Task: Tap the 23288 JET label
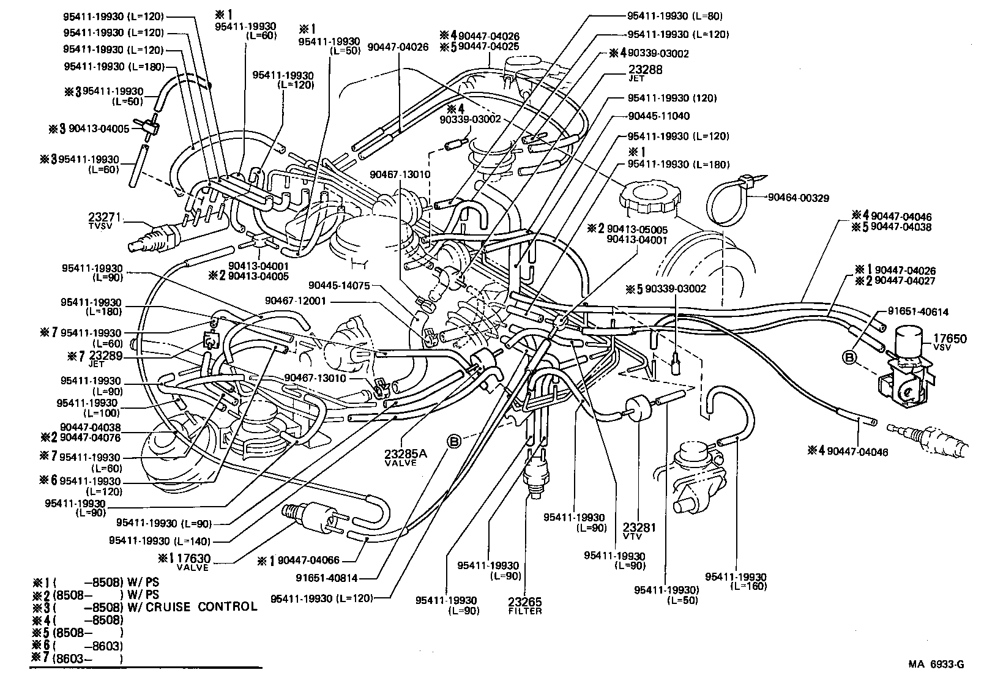(645, 70)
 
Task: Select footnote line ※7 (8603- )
(80, 659)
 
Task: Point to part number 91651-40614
(917, 311)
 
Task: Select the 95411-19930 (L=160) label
(736, 581)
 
